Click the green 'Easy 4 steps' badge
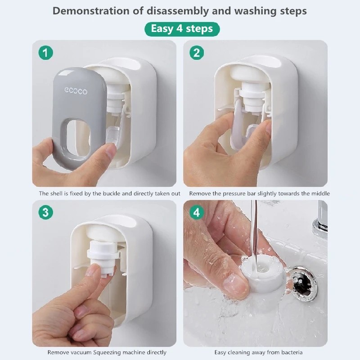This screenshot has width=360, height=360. tap(182, 29)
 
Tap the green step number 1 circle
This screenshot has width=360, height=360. tap(45, 53)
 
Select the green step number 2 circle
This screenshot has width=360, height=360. tap(196, 53)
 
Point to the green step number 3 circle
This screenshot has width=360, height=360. tap(45, 212)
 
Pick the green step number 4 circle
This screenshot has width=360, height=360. tap(196, 212)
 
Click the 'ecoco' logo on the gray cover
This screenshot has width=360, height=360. tap(76, 91)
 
